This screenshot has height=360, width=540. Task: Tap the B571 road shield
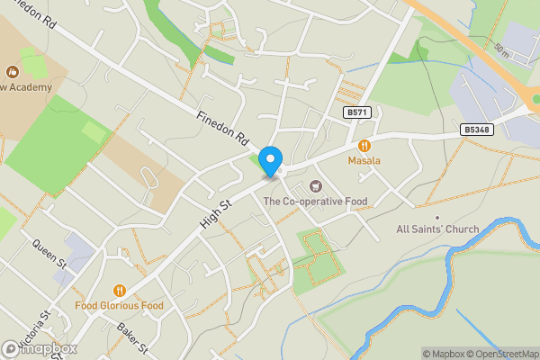coord(356,112)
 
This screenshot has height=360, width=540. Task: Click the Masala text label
coord(364,160)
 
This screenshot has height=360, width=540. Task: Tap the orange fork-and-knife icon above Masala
coord(364,145)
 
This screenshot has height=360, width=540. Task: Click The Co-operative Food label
coord(315,201)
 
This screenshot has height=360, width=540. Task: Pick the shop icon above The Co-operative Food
coord(315,185)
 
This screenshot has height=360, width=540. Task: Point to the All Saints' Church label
coord(437,229)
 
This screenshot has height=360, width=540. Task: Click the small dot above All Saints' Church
coord(437,217)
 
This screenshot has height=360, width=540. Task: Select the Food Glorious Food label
coord(119,306)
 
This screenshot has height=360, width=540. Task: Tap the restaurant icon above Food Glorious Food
coord(119,291)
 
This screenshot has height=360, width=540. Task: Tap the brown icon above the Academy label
coord(13,70)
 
